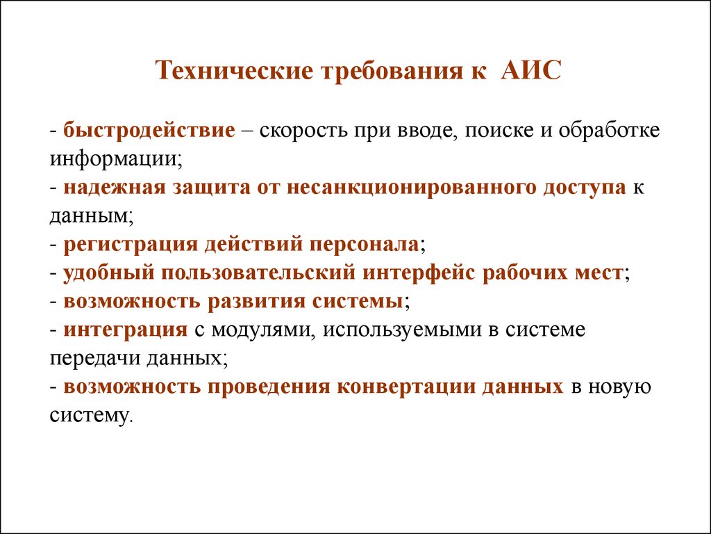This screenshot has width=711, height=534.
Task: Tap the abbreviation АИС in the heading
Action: (531, 71)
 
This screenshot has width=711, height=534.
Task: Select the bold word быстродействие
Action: (149, 131)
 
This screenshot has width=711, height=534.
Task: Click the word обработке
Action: (609, 131)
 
